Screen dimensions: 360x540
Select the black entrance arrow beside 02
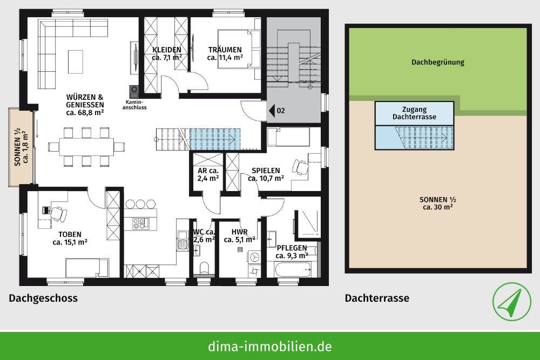(x=272, y=111)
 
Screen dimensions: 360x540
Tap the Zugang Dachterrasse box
(x=415, y=113)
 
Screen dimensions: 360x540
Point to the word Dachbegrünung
(x=438, y=62)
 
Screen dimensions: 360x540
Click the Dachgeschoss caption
(x=43, y=298)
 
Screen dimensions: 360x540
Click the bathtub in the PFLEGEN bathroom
(x=293, y=268)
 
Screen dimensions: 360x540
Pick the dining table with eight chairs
(x=86, y=146)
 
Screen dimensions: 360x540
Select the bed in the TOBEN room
(x=87, y=267)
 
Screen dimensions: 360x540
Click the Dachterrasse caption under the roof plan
(x=377, y=298)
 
